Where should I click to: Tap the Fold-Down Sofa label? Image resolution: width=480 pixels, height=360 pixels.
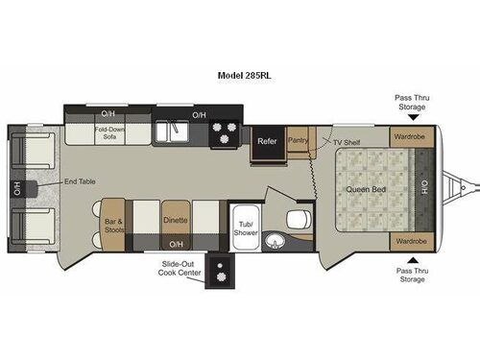coord(108,132)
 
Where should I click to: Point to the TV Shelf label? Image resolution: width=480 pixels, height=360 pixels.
coord(348,142)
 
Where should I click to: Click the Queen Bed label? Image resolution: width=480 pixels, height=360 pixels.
coord(364,188)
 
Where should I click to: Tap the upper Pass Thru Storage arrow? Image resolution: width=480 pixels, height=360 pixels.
coord(412,117)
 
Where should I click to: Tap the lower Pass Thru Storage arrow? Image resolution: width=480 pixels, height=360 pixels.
coord(412,259)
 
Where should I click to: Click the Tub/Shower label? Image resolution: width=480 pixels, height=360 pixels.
coord(245,227)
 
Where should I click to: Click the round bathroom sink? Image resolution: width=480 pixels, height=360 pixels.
coord(274,240)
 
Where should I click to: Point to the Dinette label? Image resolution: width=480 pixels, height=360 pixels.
coord(176,220)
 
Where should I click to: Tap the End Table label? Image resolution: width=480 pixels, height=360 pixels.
coord(78,182)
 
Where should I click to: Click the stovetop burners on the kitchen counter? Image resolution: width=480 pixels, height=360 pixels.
coord(226,132)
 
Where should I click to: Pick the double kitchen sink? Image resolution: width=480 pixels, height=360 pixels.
coord(174,130)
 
